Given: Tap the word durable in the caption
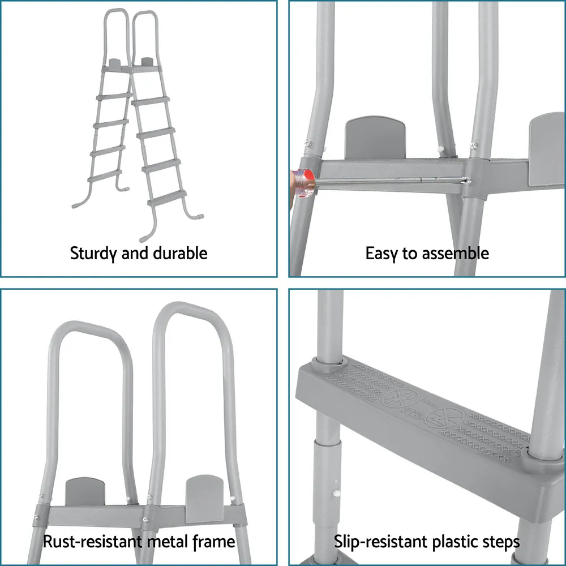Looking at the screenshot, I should point(180,252).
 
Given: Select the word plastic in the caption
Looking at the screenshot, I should point(452,542).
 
